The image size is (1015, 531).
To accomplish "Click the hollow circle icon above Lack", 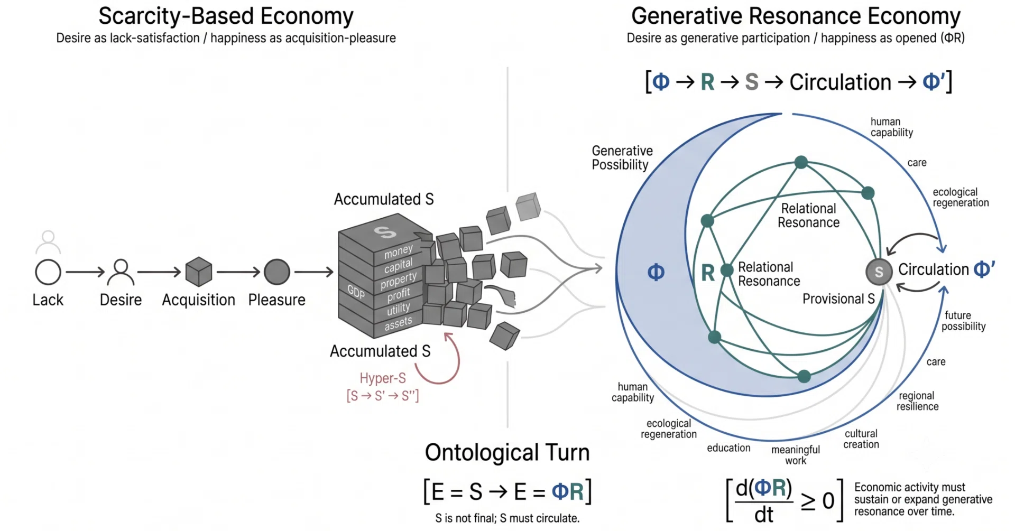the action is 48,273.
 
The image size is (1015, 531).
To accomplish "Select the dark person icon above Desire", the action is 121,272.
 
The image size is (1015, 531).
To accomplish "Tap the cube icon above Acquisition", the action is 199,272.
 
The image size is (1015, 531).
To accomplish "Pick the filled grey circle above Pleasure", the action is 277,272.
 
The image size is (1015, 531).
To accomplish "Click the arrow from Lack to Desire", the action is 85,272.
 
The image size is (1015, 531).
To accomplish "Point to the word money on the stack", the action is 398,251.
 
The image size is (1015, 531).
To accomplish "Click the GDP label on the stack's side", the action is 356,291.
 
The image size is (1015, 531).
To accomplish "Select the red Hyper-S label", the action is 383,378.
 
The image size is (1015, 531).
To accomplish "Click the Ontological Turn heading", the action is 507,453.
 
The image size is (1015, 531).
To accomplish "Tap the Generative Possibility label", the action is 622,158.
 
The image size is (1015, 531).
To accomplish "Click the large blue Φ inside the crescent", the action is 656,272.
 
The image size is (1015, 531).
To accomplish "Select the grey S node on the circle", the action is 879,272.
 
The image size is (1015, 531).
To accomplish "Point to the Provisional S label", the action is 838,299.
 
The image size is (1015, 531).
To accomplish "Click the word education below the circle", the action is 728,448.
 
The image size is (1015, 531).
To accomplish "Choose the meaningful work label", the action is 796,455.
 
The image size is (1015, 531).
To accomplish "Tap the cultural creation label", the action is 861,439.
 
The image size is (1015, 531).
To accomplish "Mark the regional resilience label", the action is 917,401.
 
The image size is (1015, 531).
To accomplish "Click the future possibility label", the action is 963,321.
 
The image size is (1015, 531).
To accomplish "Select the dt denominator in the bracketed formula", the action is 764,514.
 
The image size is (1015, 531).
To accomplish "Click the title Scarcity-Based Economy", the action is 226,16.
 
